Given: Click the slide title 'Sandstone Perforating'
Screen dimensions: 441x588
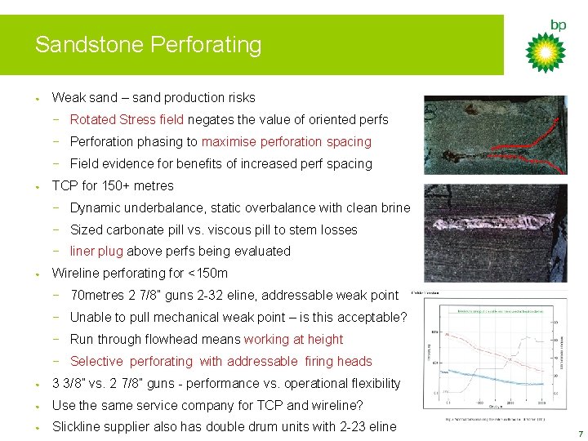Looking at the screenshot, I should pos(148,45).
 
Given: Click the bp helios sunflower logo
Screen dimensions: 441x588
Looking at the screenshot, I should pos(545,52).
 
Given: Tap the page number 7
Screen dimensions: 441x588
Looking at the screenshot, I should pos(580,434).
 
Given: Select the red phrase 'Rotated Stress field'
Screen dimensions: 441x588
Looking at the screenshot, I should pos(127,119).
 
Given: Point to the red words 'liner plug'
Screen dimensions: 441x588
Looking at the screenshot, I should pos(96,251).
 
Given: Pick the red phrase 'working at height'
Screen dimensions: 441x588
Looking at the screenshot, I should pos(293,339).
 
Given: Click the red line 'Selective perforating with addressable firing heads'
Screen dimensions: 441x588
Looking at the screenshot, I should pos(220,361).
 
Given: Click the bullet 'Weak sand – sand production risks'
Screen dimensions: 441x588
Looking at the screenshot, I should pos(154,97).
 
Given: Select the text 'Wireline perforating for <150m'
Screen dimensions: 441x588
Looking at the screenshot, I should pos(140,273).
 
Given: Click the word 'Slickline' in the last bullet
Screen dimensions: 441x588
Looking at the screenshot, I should pos(78,426).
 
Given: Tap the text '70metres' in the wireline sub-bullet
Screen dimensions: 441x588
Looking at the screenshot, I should pos(96,295).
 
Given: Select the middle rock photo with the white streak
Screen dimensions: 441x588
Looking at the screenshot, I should pos(494,233).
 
